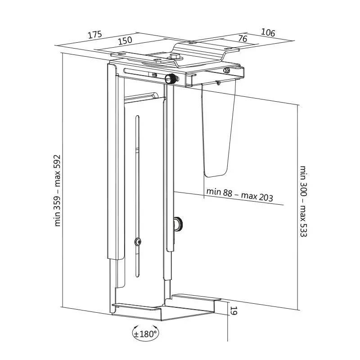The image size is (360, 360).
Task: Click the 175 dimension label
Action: point(95,35)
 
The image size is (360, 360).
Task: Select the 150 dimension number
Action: point(125,40)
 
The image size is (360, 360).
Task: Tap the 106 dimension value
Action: point(268,32)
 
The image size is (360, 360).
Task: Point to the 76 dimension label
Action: point(242,38)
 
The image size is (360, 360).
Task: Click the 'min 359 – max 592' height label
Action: point(57,190)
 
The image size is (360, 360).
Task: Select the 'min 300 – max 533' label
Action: point(303,201)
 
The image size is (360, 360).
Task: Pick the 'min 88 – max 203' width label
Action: point(240,195)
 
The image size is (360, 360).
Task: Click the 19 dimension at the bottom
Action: point(233,310)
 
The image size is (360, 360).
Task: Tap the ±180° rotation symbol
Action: point(145,333)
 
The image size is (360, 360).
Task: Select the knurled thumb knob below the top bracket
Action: point(171,79)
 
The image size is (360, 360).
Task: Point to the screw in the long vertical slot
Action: point(138,242)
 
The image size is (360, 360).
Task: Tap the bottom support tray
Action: point(165,308)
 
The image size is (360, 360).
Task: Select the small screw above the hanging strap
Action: point(218,82)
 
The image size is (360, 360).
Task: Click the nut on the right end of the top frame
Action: point(227,70)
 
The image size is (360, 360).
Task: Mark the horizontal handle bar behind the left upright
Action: point(140,96)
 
